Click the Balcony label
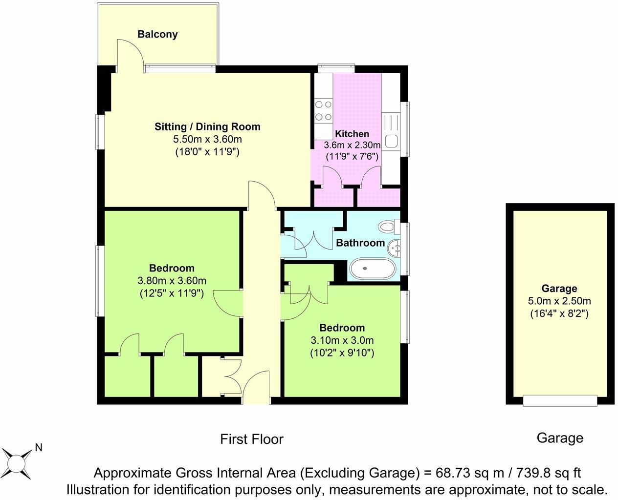(x=157, y=34)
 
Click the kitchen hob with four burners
(x=323, y=110)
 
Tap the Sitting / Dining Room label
(x=207, y=126)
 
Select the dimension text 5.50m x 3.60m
(x=207, y=139)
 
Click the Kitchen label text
(x=352, y=134)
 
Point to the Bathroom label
(x=360, y=243)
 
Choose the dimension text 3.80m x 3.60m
(x=172, y=281)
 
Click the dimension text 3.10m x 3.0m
(x=342, y=340)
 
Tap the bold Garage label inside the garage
(x=559, y=289)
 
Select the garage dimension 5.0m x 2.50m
(x=559, y=301)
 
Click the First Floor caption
(x=251, y=439)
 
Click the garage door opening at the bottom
(x=560, y=400)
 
